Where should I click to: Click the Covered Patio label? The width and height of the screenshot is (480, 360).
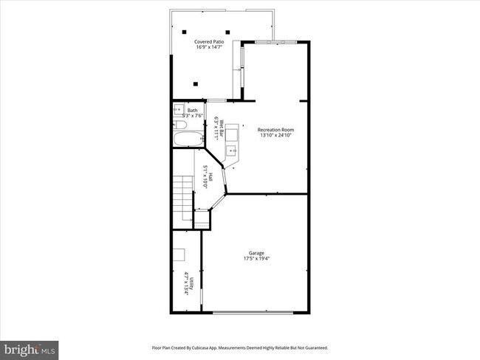(209, 42)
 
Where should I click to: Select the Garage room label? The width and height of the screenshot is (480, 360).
(255, 253)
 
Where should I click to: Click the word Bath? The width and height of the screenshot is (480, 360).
(192, 110)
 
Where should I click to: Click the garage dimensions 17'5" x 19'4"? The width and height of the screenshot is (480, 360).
(255, 259)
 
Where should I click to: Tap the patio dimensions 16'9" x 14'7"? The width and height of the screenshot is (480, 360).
(209, 48)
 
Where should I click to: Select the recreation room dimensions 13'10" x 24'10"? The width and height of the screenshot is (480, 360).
(276, 135)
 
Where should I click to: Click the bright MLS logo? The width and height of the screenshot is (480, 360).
(30, 347)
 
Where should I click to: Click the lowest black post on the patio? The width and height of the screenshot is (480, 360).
(196, 83)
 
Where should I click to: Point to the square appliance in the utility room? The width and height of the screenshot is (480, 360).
(180, 255)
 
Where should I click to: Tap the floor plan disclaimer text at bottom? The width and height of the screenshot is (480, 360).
(239, 347)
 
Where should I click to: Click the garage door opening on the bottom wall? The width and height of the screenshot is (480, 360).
(255, 313)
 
